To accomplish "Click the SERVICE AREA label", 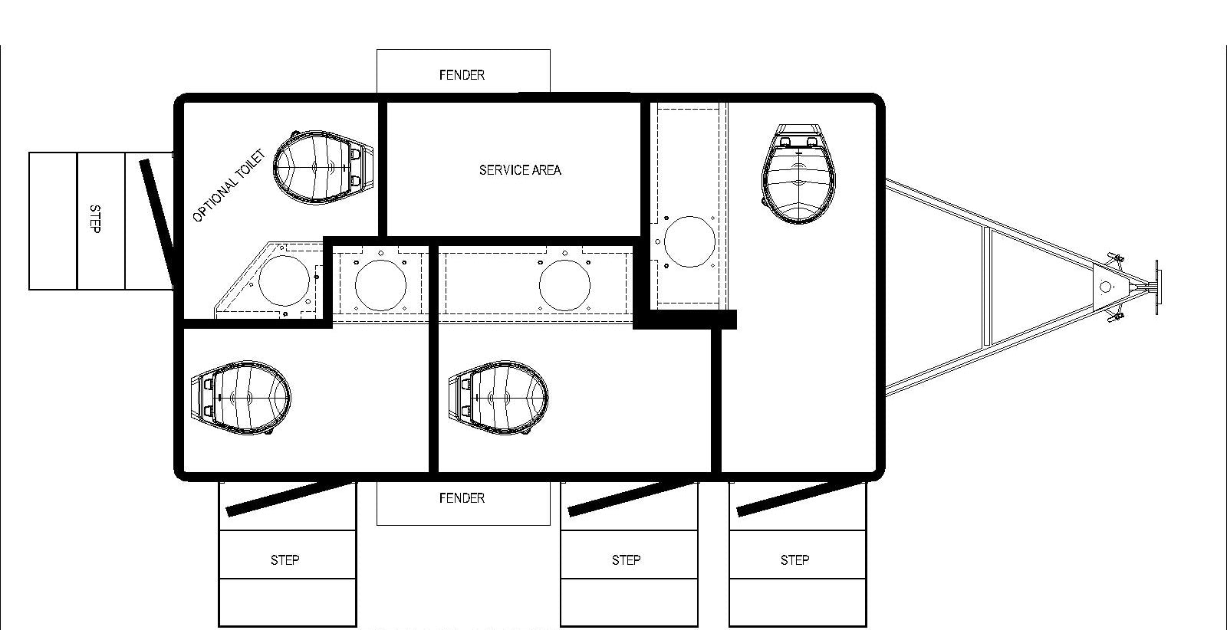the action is (520, 170).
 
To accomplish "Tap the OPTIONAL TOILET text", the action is (229, 185).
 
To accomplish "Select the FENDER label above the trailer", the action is (462, 75).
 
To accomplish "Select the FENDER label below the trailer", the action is (462, 498).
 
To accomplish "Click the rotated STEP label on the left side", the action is (95, 219).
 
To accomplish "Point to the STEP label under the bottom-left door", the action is (285, 560).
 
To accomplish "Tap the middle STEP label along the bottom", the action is (626, 560).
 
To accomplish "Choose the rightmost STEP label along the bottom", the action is (794, 560).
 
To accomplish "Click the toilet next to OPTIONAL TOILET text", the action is (323, 168).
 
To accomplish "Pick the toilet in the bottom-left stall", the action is (241, 397).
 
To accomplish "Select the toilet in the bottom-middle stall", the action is (498, 397).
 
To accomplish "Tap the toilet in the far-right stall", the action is (798, 175).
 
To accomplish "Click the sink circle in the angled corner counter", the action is (285, 281).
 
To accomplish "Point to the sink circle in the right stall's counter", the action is (689, 241).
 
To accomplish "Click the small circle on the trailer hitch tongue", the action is (1105, 287).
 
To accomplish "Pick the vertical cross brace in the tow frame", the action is (987, 287).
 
